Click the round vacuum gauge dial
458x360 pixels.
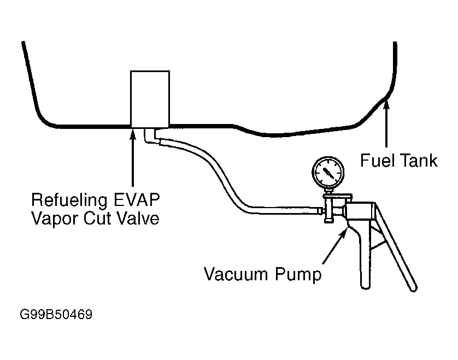pos(330,173)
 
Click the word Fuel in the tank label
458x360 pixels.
pos(375,160)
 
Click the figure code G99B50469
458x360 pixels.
pos(56,315)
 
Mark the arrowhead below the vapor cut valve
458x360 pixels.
pos(132,131)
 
